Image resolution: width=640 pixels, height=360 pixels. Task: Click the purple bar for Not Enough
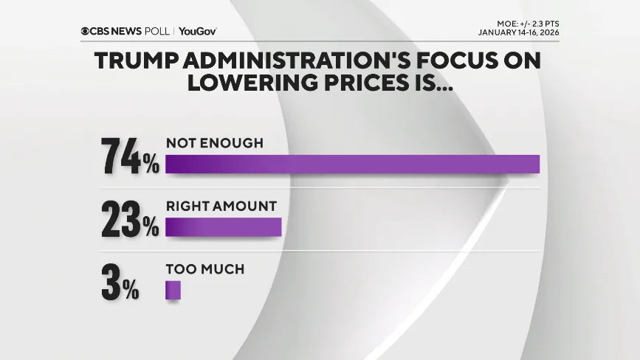[352, 164]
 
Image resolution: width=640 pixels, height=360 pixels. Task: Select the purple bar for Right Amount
[224, 227]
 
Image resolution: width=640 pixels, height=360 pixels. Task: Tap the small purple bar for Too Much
[173, 290]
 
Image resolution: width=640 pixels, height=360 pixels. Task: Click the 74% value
[130, 156]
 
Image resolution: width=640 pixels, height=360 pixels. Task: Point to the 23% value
[130, 219]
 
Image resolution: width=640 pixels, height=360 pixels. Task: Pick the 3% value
[120, 283]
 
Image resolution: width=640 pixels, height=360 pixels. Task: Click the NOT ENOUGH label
[214, 143]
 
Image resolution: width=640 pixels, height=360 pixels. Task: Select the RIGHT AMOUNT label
[221, 207]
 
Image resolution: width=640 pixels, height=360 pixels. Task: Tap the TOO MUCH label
[204, 269]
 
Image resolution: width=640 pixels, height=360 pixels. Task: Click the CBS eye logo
[86, 31]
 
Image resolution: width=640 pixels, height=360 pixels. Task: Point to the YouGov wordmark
[198, 31]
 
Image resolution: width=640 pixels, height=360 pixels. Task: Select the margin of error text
[523, 24]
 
